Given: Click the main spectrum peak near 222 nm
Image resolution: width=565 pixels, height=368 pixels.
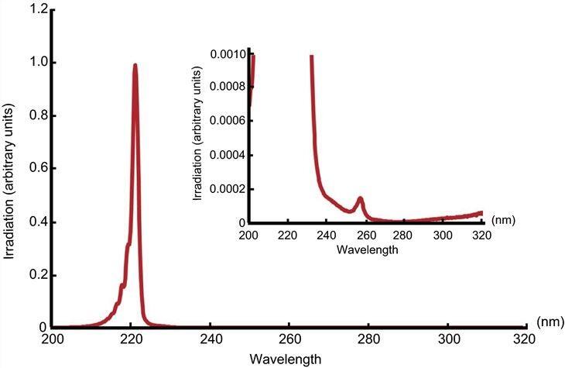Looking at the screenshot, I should coord(135,67).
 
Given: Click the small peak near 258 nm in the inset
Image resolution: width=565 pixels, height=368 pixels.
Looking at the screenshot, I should coord(360,199).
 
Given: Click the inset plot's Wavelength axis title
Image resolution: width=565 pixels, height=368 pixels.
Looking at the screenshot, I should coord(368,251).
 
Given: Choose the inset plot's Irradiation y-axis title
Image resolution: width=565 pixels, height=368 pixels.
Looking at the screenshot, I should coord(198,137).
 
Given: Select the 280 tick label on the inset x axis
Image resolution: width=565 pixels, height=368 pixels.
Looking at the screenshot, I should coord(403,235).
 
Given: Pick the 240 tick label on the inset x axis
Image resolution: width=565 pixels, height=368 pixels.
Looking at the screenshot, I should coord(326,235).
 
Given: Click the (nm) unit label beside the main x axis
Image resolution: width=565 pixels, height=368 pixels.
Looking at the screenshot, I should coord(549,321).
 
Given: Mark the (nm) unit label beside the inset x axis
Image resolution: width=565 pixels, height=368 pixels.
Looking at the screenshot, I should coord(502,220).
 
